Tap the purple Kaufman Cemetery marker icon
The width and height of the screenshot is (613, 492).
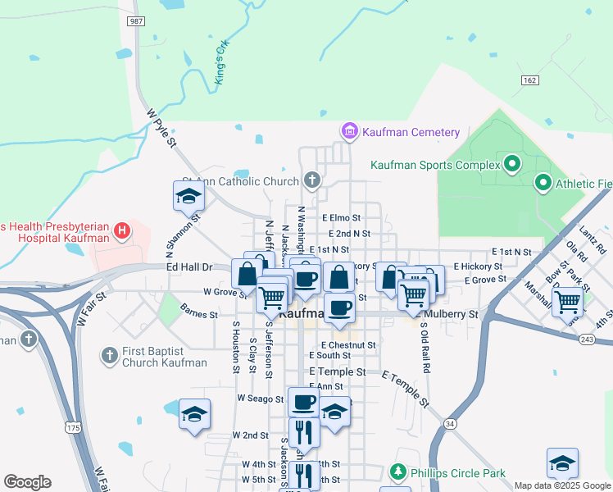click(350, 131)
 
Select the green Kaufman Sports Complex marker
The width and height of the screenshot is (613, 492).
click(513, 165)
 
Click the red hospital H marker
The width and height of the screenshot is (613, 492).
click(121, 231)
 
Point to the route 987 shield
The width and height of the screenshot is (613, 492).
click(138, 20)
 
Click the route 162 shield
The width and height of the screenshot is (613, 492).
click(530, 80)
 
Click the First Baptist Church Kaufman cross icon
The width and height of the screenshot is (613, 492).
click(109, 356)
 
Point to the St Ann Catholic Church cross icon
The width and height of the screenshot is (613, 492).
click(311, 180)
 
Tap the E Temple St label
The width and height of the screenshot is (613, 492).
click(338, 371)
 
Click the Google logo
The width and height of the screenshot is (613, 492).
click(27, 482)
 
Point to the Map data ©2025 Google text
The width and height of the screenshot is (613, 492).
click(561, 485)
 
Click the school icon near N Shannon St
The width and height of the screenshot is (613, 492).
click(188, 197)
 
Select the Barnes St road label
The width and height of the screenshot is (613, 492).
click(199, 314)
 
